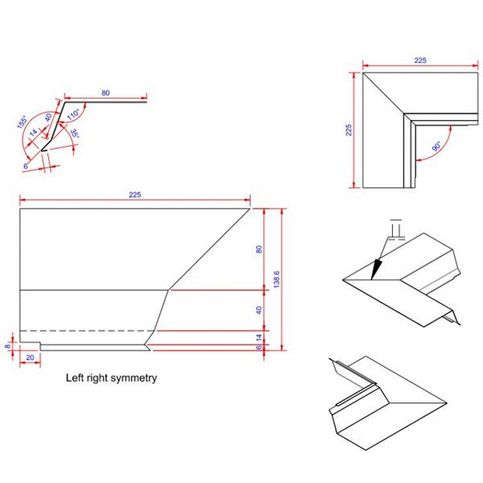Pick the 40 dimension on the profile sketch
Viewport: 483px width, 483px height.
coord(47,117)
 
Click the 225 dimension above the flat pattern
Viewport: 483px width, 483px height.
coord(134,195)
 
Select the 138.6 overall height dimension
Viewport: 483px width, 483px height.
coord(276,279)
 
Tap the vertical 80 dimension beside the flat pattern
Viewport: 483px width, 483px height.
coord(259,249)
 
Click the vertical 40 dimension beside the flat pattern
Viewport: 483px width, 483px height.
coord(259,310)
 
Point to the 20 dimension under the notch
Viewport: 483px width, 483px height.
coord(30,357)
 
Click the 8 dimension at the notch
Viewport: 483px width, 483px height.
coord(8,347)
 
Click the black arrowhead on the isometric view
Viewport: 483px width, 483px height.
coord(374,267)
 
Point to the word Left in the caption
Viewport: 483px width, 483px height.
coord(76,377)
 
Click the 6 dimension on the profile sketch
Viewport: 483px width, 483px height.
coord(26,166)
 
